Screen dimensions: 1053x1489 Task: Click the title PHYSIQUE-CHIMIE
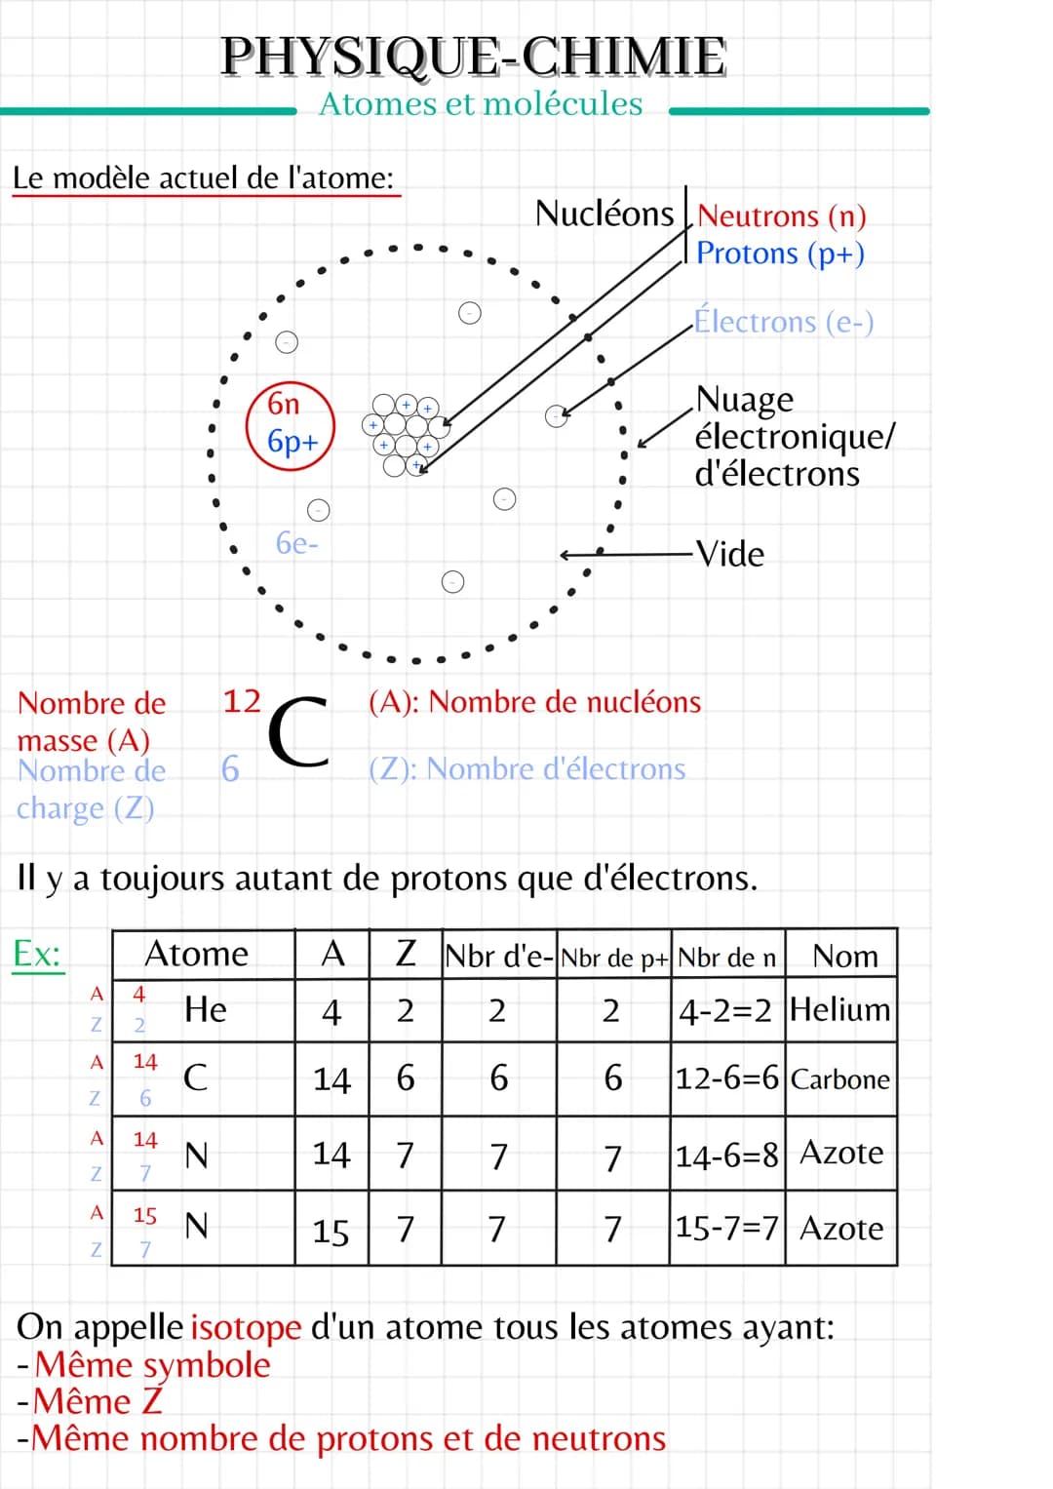click(x=473, y=58)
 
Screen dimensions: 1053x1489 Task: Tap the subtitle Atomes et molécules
click(x=481, y=103)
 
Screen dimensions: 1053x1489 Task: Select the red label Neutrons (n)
click(x=781, y=216)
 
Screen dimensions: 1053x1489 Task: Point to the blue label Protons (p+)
click(x=780, y=254)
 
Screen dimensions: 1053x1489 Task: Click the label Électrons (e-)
click(x=784, y=322)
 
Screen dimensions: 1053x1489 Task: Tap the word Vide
click(x=730, y=554)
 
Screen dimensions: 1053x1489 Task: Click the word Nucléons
click(x=604, y=214)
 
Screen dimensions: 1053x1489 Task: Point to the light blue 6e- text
click(x=297, y=543)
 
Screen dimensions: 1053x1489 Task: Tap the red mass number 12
click(x=242, y=701)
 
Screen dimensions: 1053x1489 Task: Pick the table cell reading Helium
click(x=840, y=1009)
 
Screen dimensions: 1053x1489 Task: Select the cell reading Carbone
click(x=840, y=1078)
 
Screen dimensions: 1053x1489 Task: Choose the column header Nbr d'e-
click(x=498, y=956)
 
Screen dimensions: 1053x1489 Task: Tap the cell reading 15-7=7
click(x=726, y=1227)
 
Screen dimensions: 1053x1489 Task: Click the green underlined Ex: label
click(x=37, y=955)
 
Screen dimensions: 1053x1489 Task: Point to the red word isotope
click(x=246, y=1327)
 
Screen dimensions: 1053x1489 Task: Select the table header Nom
click(x=845, y=956)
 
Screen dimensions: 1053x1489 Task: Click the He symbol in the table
click(x=206, y=1009)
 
